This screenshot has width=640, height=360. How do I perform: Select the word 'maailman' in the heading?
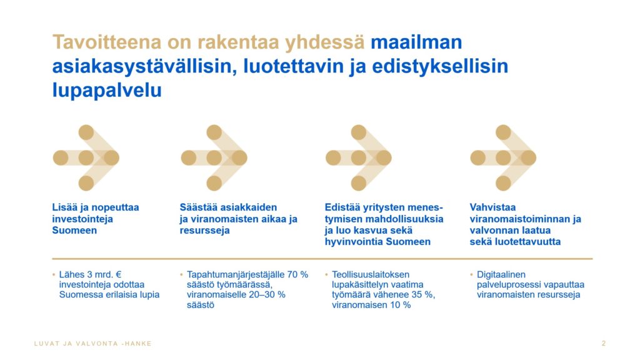coord(416,42)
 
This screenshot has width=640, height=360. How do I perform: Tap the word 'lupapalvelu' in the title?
coord(107,91)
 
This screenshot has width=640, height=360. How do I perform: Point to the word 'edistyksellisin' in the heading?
coord(440,66)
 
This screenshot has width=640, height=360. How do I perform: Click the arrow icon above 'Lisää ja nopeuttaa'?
coord(86,158)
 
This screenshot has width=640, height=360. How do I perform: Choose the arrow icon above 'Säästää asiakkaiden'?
coord(214,158)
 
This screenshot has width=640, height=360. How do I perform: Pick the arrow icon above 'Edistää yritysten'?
coord(359,158)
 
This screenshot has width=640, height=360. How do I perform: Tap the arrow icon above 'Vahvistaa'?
coord(503,158)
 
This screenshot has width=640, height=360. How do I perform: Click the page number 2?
coord(604,344)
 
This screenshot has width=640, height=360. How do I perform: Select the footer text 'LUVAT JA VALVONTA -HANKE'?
coord(93,344)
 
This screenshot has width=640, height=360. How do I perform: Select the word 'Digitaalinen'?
coord(501,275)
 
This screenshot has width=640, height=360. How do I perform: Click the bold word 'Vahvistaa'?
coord(492,207)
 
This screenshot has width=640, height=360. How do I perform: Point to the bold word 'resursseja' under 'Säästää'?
coord(204,231)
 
